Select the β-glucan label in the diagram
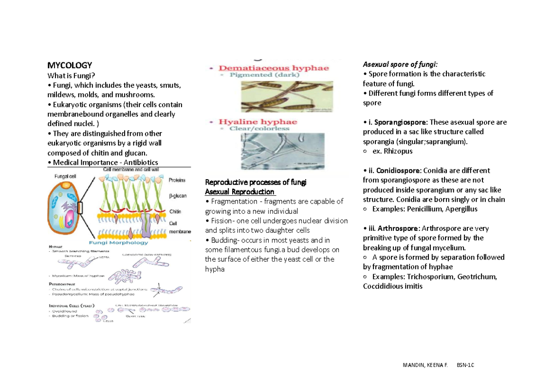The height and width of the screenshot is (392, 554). coord(177,196)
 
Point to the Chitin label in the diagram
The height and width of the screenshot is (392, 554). coord(175,211)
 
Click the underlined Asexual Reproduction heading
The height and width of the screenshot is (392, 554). coord(240,192)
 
